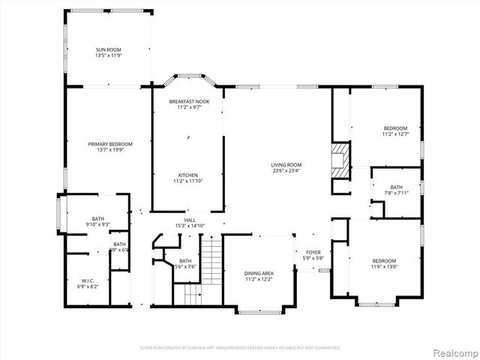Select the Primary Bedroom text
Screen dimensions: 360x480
(x=110, y=144)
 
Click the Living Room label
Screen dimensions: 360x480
(x=286, y=165)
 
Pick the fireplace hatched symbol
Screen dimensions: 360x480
(x=341, y=159)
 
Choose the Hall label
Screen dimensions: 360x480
(x=190, y=220)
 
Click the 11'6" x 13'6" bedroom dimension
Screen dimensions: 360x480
(x=384, y=266)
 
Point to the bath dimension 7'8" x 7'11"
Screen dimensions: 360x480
(x=396, y=193)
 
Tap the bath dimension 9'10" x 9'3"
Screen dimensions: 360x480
(x=98, y=224)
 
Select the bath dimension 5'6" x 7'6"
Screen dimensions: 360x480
(x=185, y=266)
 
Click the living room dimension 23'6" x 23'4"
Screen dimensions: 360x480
(x=286, y=171)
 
